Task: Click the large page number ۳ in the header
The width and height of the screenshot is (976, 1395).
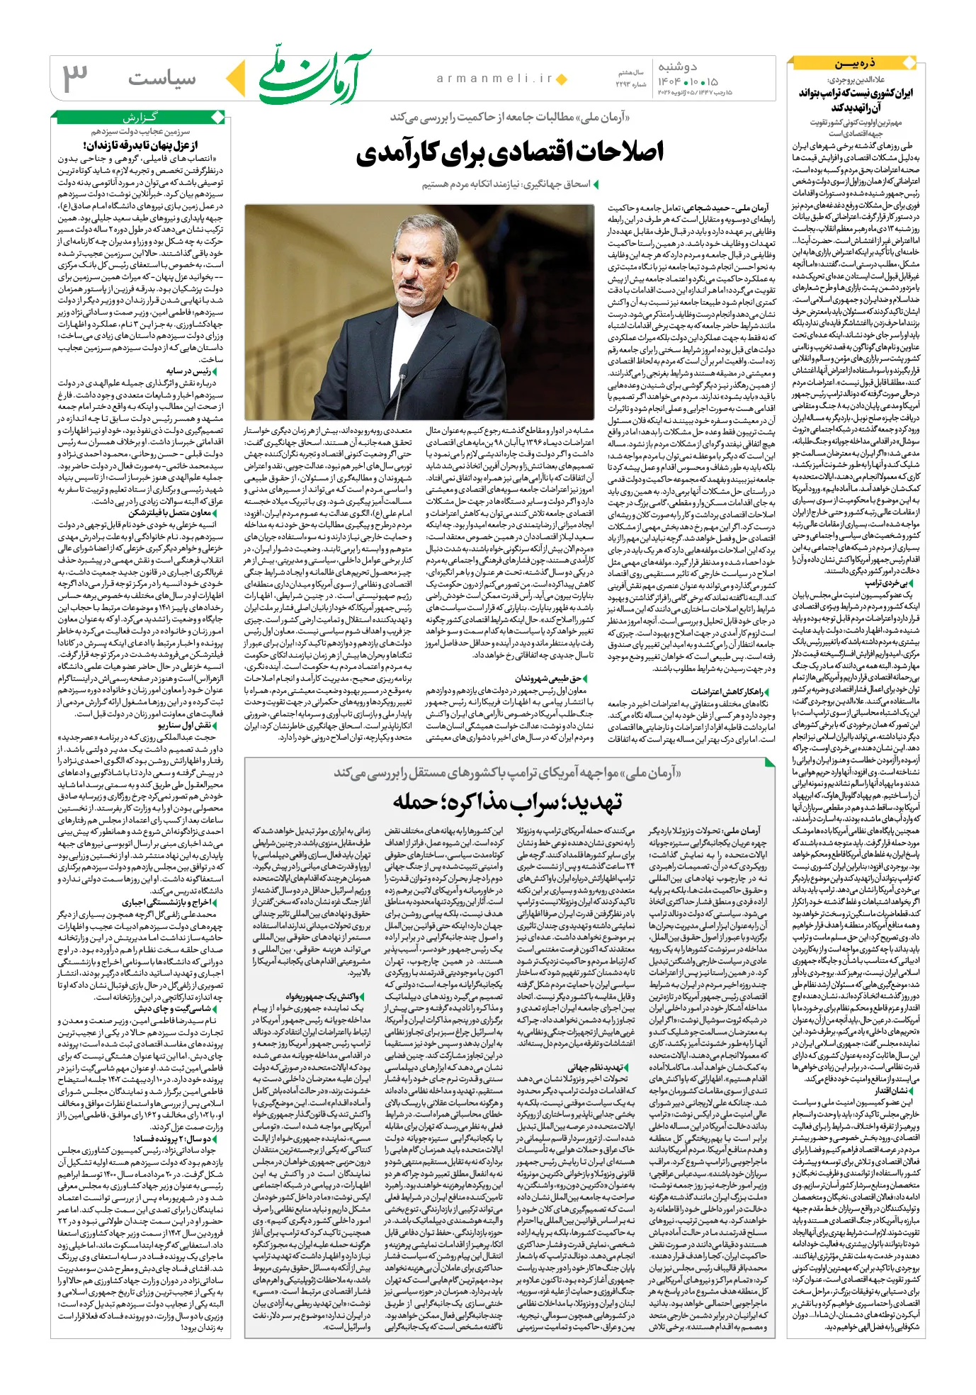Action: [76, 78]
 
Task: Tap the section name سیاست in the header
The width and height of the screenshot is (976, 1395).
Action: [162, 78]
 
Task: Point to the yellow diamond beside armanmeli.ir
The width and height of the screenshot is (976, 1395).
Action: [562, 79]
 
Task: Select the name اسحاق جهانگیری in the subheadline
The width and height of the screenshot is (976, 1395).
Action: [556, 184]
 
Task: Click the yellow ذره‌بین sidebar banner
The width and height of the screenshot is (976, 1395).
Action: [856, 64]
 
